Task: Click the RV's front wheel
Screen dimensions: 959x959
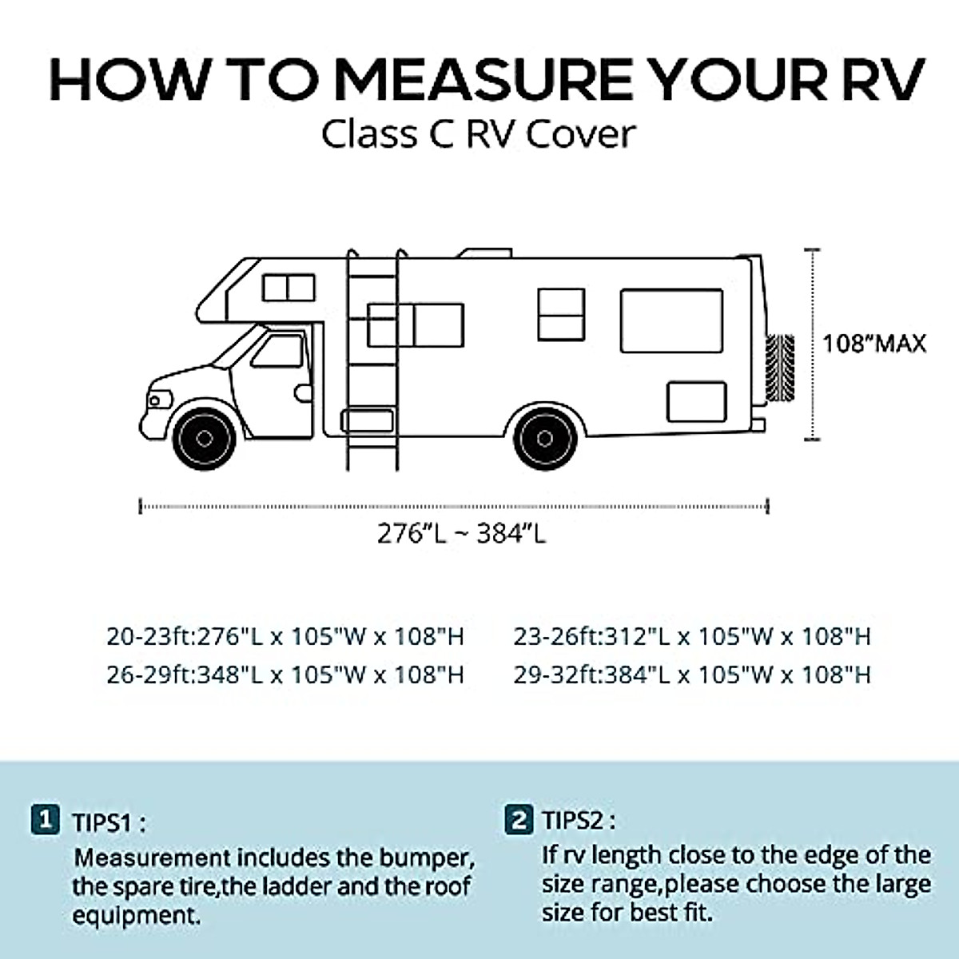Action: [205, 438]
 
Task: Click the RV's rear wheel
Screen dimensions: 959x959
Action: [545, 438]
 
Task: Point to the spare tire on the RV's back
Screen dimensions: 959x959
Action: [780, 368]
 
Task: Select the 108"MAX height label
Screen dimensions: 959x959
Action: [874, 344]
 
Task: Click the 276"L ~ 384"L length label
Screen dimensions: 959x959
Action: [461, 533]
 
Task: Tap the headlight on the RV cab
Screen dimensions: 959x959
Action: [160, 399]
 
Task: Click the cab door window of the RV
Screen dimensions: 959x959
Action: [277, 350]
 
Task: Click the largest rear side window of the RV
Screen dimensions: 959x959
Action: [671, 320]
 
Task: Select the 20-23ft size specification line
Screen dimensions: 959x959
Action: [285, 637]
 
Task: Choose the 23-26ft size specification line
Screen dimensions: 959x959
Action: [692, 637]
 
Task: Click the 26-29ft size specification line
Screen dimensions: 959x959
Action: [285, 675]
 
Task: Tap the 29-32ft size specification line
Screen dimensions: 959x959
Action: [692, 675]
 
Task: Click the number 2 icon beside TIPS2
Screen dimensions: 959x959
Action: [519, 820]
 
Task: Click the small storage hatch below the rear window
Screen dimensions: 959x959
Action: [696, 401]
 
